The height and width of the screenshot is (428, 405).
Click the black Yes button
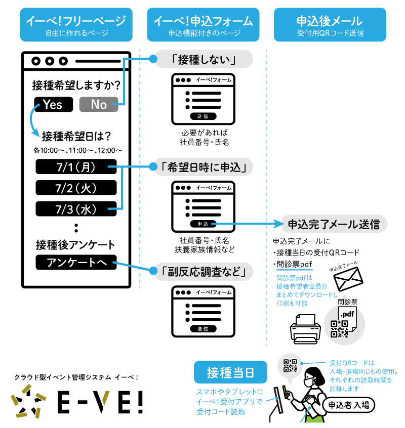tap(53, 104)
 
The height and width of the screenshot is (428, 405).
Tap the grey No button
tap(99, 104)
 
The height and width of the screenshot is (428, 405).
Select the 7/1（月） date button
tap(76, 166)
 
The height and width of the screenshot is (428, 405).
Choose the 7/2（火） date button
tap(76, 188)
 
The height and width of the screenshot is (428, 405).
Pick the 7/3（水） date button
tap(76, 208)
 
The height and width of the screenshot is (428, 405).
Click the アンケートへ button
tap(76, 263)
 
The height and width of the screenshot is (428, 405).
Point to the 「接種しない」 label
tap(203, 59)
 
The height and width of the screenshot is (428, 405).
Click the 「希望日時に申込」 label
tap(203, 166)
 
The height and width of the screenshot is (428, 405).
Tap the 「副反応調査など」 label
tap(203, 272)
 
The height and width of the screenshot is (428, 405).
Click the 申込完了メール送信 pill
tap(334, 224)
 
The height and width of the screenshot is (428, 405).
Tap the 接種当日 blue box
tap(230, 373)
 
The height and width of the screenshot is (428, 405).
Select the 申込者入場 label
tap(349, 404)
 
